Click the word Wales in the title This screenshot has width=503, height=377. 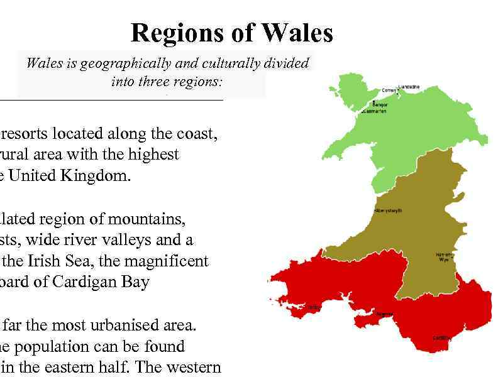tap(297, 33)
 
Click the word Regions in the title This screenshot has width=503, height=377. tap(172, 33)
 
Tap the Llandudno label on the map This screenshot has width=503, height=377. tap(409, 87)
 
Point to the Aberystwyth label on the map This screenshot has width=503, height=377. tap(389, 210)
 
